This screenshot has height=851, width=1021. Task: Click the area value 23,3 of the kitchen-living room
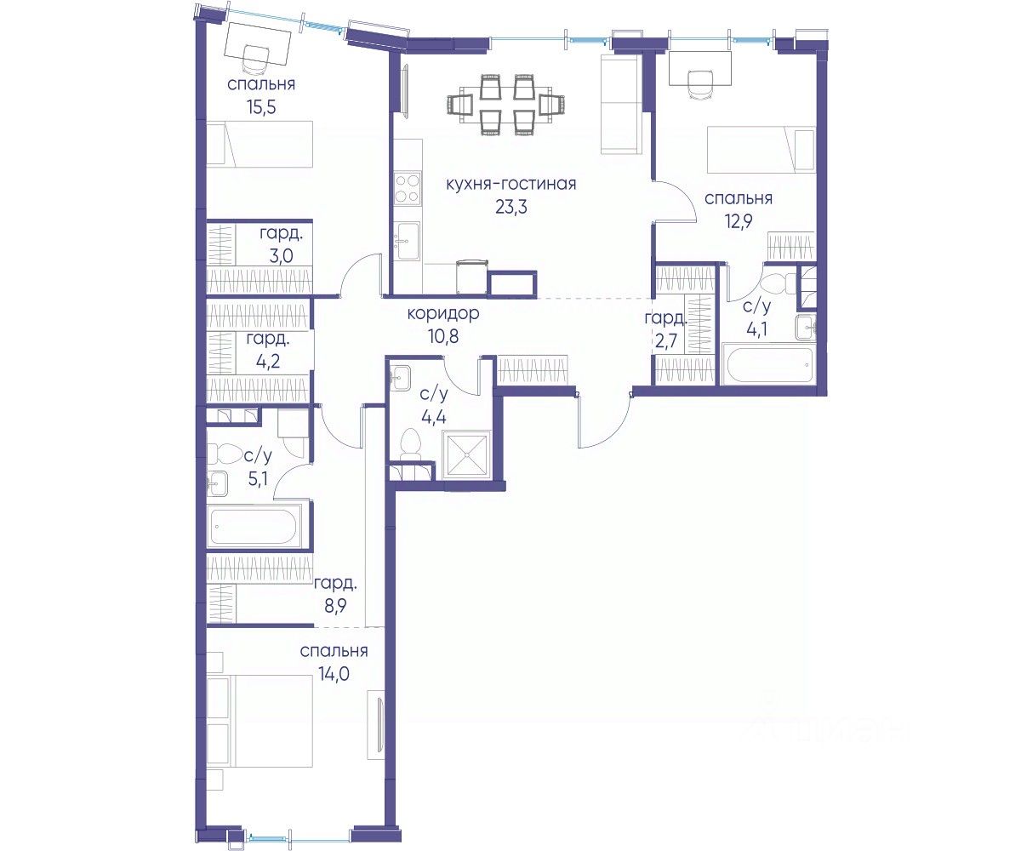(511, 208)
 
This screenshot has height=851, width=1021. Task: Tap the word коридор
(443, 314)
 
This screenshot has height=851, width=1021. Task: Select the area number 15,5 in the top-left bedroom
(261, 107)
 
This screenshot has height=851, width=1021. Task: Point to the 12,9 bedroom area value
(739, 222)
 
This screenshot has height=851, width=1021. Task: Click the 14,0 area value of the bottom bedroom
(334, 675)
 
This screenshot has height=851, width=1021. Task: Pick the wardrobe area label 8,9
(335, 607)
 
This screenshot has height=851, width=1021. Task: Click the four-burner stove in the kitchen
(407, 189)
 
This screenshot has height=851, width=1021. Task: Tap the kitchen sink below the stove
(407, 241)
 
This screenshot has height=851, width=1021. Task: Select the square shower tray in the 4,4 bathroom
(467, 454)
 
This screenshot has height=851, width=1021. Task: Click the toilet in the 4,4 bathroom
(411, 444)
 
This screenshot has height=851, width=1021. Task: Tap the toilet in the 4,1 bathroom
(776, 283)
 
